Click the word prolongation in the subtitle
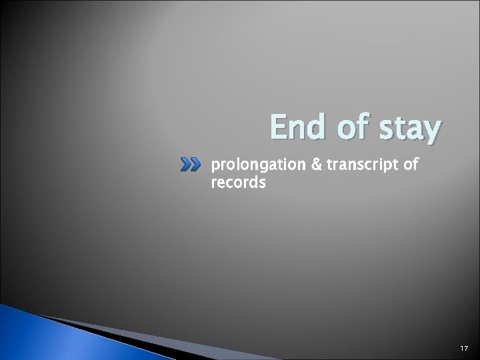pos(251,164)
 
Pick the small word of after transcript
pos(408,163)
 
